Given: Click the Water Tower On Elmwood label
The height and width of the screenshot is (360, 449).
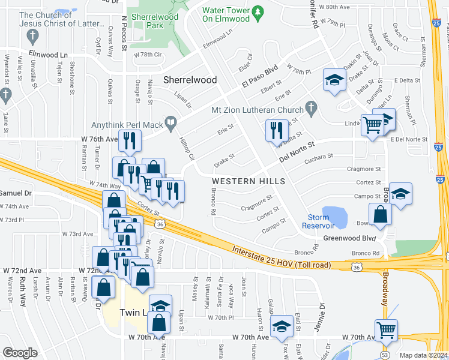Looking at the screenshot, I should (x=225, y=14).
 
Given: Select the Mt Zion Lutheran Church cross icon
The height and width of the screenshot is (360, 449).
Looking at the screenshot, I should (x=310, y=108).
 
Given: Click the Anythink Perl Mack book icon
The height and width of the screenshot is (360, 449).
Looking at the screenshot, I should (x=171, y=124).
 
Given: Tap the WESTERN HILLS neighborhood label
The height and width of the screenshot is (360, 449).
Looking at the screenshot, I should (x=248, y=181).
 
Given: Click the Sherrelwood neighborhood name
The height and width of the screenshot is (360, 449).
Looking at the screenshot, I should (x=190, y=80).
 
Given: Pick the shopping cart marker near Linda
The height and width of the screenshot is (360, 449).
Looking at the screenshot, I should (x=372, y=125).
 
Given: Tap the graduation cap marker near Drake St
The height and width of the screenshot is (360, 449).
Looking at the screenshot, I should (x=334, y=79).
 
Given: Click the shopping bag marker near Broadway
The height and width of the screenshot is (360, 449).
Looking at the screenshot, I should (x=381, y=214).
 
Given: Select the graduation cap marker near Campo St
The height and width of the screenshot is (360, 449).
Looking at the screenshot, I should (x=401, y=193).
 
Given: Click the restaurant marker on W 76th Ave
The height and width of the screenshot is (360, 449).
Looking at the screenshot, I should (x=130, y=140).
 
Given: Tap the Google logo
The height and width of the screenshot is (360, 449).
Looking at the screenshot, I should (x=20, y=353).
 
